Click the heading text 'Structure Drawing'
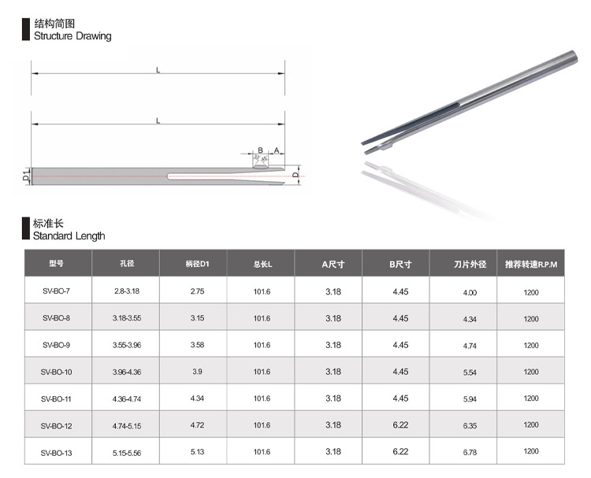pos(72,36)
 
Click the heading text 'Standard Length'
pos(69,236)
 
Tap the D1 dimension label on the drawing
pos(26,176)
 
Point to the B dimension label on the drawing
pos(260,150)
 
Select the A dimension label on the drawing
pos(277,150)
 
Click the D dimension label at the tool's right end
pos(295,175)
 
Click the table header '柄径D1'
pos(197,264)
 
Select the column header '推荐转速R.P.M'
pos(530,265)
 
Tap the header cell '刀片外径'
pos(470,265)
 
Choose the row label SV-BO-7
pos(56,291)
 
